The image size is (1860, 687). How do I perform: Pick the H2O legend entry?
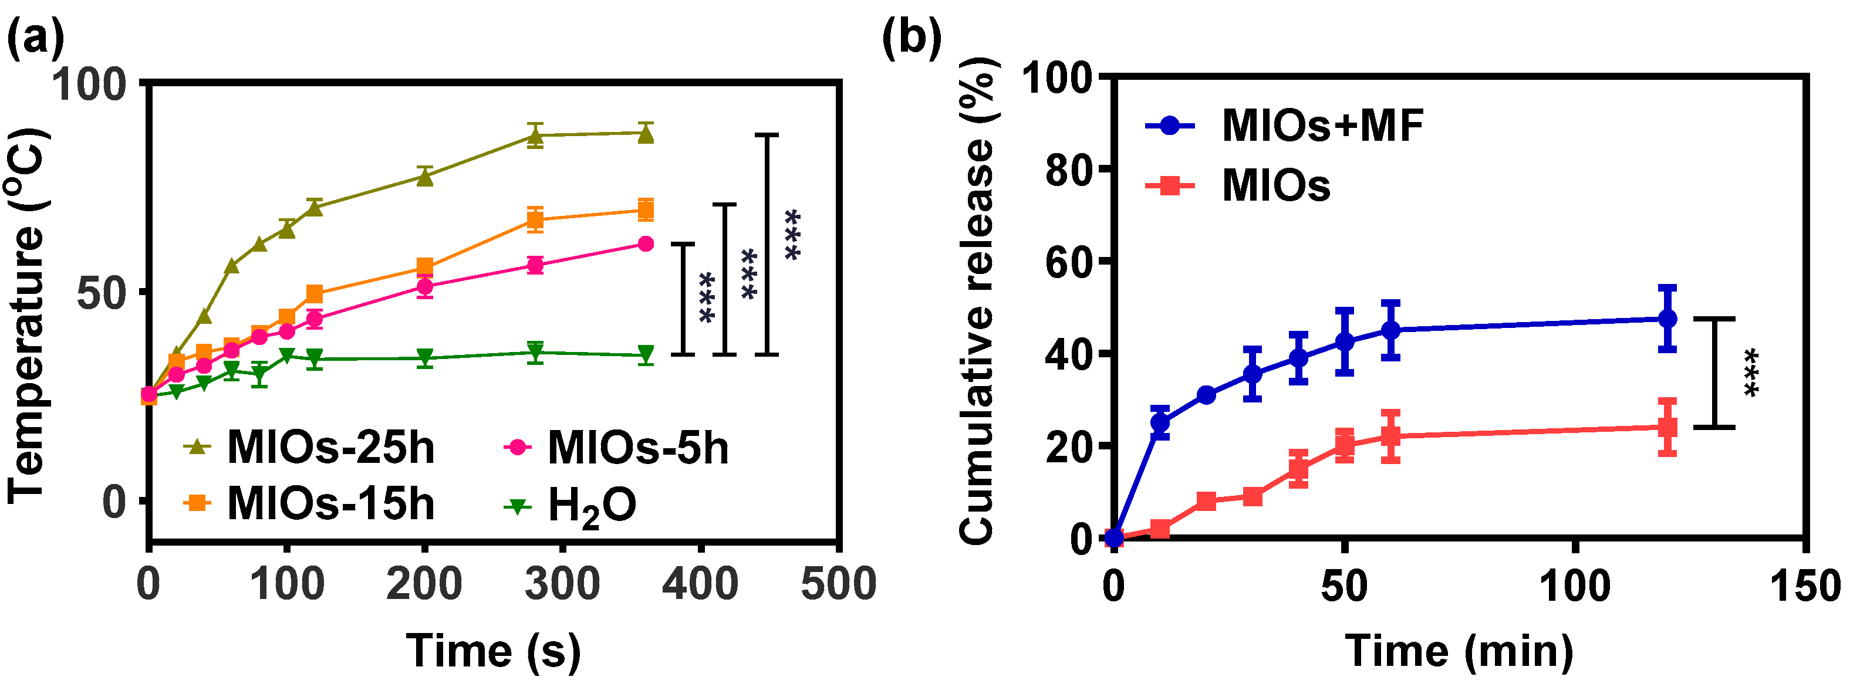pos(571,505)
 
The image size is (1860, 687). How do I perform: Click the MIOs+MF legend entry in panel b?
pos(1285,126)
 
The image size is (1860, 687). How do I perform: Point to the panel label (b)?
pos(912,38)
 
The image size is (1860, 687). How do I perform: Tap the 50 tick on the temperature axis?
pos(101,293)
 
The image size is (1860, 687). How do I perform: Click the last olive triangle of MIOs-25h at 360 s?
pos(646,134)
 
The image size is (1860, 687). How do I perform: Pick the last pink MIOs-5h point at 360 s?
pos(646,244)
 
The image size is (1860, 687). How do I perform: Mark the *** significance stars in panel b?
pos(1750,373)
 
